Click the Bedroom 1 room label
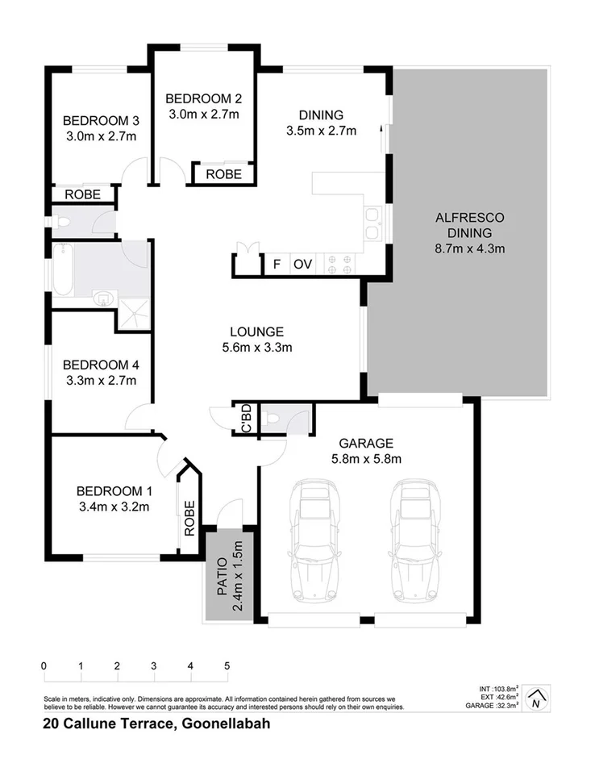tap(113, 490)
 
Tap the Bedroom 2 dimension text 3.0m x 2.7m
tap(203, 114)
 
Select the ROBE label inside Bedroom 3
tap(82, 194)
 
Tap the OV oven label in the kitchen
tap(302, 264)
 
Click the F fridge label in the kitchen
tap(277, 264)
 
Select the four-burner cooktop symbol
tap(335, 263)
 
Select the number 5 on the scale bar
tap(227, 666)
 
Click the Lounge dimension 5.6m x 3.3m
tap(256, 348)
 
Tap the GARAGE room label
tap(365, 443)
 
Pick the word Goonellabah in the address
tap(227, 724)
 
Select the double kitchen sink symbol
tap(372, 223)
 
